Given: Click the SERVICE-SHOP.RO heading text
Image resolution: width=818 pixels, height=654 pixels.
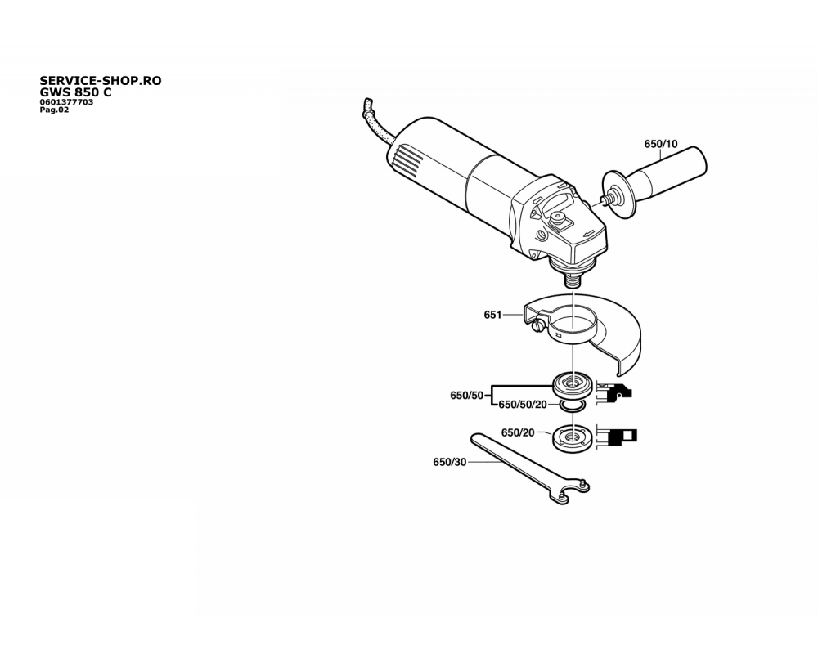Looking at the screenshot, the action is click(101, 81).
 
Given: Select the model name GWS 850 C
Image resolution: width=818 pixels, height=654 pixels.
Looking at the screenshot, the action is click(75, 92).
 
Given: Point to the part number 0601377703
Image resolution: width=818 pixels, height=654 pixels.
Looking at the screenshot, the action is click(67, 102).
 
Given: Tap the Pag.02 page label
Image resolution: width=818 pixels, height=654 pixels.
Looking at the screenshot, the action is click(54, 110).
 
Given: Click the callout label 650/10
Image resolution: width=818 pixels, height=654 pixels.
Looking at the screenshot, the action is click(660, 144).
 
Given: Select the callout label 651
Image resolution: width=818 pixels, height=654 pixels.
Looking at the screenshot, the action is click(492, 315).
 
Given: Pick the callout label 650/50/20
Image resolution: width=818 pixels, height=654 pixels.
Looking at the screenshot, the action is click(523, 405).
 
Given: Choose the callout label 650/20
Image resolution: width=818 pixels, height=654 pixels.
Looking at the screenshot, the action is click(518, 433).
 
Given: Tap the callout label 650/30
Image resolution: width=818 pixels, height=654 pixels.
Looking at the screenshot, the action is click(450, 462).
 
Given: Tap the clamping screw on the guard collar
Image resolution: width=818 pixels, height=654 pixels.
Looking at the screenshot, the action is click(538, 326).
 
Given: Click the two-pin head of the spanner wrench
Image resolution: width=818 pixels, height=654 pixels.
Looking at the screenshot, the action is click(571, 491).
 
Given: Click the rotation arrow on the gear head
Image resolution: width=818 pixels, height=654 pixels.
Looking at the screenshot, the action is click(589, 234).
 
